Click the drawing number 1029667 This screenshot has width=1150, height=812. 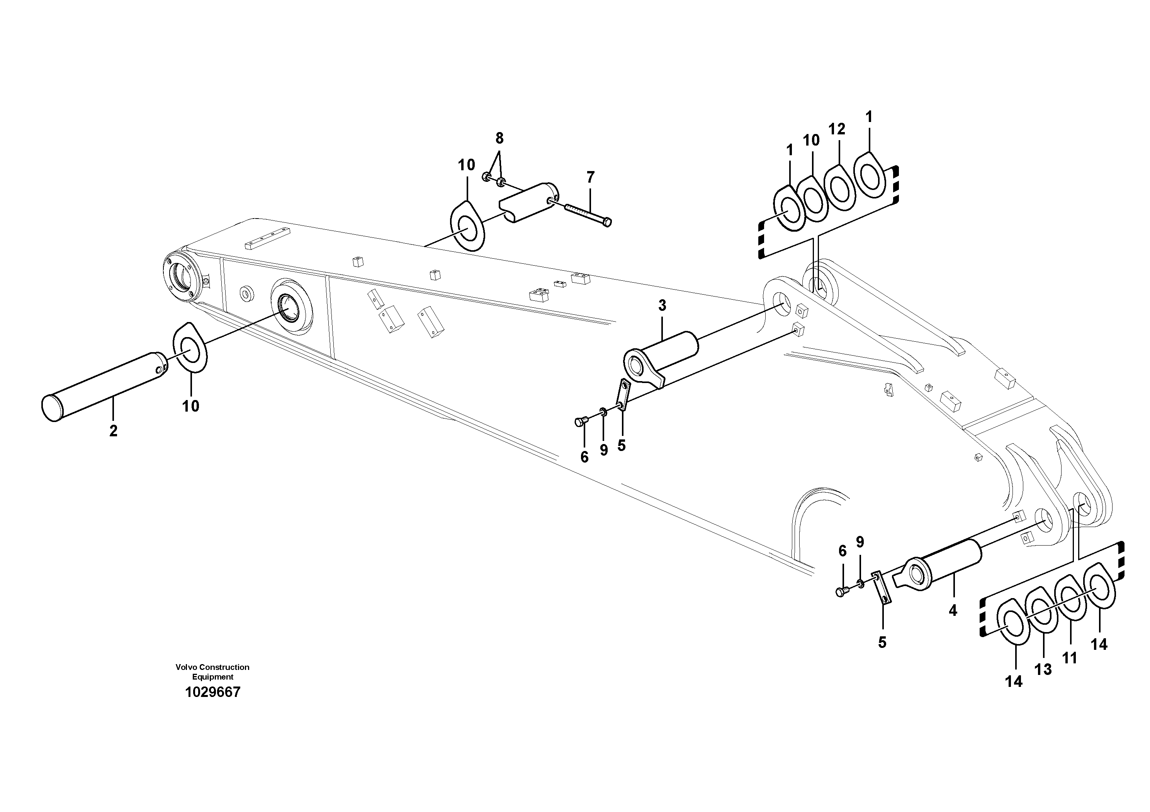tap(212, 692)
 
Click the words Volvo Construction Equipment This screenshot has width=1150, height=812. tap(212, 672)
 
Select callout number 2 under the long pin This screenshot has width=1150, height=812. tap(113, 431)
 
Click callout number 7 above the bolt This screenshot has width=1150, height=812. tap(591, 177)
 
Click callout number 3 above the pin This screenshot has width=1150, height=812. tap(662, 305)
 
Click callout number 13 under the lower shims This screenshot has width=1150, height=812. tap(1043, 669)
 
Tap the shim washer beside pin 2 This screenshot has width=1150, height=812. tap(190, 348)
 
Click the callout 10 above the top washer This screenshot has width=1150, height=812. tap(466, 165)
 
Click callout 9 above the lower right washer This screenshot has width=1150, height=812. tap(860, 542)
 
